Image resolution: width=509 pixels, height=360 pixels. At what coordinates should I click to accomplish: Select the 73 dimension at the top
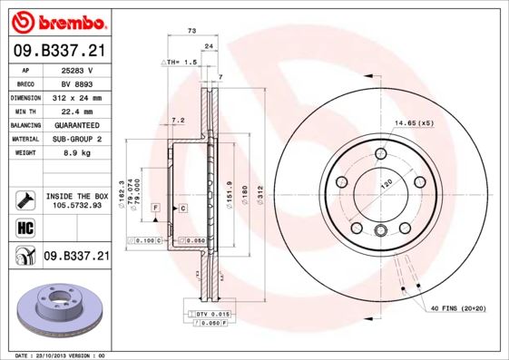pos(191,31)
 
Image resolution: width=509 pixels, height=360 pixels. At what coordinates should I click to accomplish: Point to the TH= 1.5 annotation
pos(180,62)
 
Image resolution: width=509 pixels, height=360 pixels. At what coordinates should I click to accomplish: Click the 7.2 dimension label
pos(178,120)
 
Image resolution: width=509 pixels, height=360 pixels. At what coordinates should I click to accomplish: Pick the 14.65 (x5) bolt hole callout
pos(414,122)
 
